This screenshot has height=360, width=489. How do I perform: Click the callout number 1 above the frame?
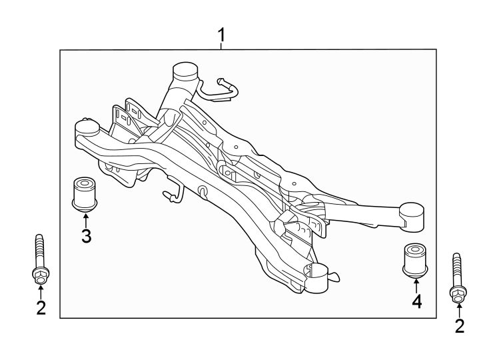[222, 35]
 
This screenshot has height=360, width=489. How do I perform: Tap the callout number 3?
[86, 235]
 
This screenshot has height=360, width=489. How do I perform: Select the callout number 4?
[416, 302]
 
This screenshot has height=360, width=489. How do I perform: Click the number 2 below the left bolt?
[41, 308]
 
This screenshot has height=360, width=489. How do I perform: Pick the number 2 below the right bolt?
[458, 326]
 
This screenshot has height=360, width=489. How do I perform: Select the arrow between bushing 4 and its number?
[416, 285]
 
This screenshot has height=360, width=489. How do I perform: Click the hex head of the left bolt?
[40, 274]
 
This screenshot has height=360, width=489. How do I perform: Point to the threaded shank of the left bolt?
[39, 250]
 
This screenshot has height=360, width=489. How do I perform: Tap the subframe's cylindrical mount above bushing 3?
[86, 128]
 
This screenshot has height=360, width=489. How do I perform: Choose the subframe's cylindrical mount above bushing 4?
[412, 215]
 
